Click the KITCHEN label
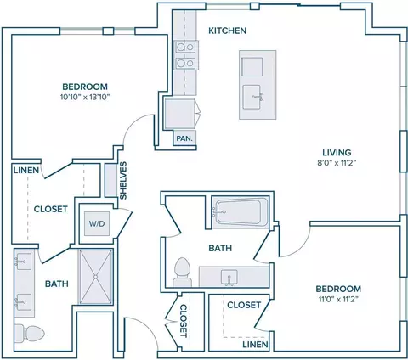click(228, 31)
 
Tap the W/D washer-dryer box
click(97, 223)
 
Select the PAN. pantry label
click(184, 138)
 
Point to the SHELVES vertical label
click(123, 181)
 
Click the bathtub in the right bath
click(241, 211)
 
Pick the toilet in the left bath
click(30, 334)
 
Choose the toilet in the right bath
click(183, 272)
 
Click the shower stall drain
click(96, 277)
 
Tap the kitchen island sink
click(252, 97)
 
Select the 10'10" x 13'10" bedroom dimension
click(85, 98)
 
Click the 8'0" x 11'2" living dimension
click(337, 163)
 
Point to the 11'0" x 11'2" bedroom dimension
click(338, 300)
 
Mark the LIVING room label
click(337, 153)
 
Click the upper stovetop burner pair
click(185, 47)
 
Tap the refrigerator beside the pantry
click(180, 114)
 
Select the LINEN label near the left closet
click(26, 171)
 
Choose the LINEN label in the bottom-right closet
click(255, 345)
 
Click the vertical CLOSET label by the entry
click(184, 321)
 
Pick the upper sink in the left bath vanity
click(24, 262)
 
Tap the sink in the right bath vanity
click(229, 278)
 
